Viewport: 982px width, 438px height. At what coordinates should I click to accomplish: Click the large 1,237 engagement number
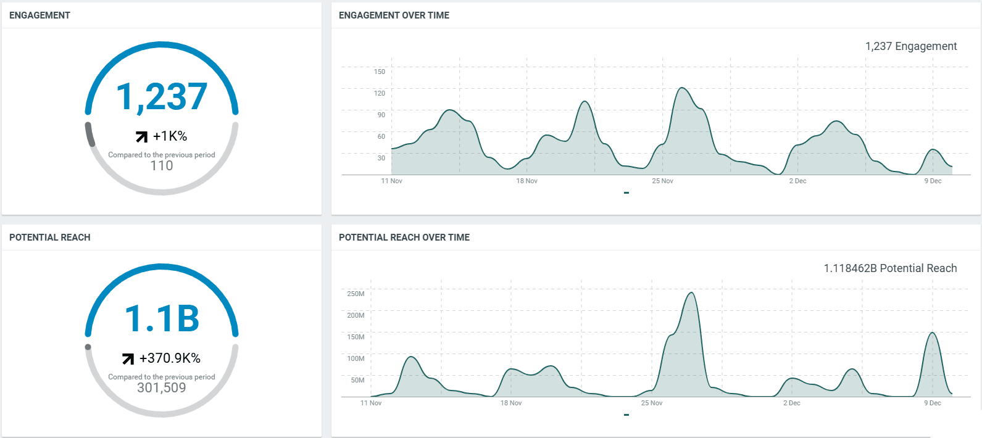click(x=162, y=97)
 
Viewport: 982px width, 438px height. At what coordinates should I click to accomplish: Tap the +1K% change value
click(x=170, y=136)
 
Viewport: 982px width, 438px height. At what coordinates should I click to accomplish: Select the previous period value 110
click(x=162, y=165)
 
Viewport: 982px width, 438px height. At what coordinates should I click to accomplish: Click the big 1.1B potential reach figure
click(x=162, y=319)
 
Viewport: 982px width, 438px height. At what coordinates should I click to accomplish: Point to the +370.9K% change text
click(x=170, y=358)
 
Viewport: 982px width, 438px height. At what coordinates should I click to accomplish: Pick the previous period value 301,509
click(x=162, y=387)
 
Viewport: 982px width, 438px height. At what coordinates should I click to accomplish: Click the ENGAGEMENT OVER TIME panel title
click(x=394, y=15)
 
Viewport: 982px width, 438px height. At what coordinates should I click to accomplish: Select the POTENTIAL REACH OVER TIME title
click(x=404, y=238)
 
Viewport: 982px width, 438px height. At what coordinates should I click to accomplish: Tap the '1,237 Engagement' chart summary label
click(x=910, y=46)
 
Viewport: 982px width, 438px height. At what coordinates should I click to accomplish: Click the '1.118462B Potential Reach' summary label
click(x=890, y=268)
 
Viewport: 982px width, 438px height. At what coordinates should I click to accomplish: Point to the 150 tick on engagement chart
click(x=379, y=72)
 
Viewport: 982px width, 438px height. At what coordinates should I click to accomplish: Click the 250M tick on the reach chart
click(x=356, y=294)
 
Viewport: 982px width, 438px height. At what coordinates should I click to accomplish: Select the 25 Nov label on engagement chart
click(x=662, y=181)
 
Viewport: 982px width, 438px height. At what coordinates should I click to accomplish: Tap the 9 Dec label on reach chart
click(x=932, y=403)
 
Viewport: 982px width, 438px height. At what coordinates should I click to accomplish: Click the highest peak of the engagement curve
click(x=681, y=88)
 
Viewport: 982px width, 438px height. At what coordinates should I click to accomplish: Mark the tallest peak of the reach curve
click(x=691, y=293)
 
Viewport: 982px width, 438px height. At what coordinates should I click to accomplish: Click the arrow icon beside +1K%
click(x=141, y=136)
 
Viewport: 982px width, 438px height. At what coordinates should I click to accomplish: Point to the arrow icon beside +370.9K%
click(x=128, y=358)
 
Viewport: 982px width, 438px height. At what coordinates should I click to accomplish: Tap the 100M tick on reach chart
click(x=356, y=358)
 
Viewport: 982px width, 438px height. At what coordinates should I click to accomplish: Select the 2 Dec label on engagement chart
click(x=797, y=181)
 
